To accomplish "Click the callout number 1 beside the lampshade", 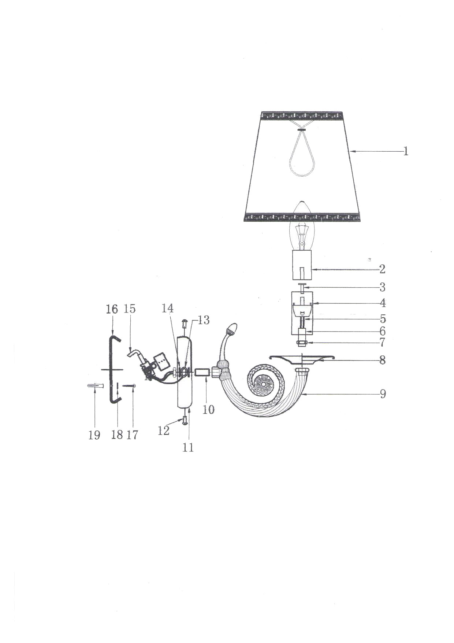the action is [x=406, y=151].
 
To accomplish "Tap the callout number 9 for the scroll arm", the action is [x=383, y=394].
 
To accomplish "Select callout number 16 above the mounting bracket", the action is [x=112, y=309].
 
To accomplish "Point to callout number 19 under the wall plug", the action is [x=94, y=435].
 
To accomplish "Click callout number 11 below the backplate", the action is [x=188, y=447].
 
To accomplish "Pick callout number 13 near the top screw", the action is [x=204, y=320].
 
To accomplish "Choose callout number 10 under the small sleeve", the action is [x=208, y=409].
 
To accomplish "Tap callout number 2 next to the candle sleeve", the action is [x=382, y=269].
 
